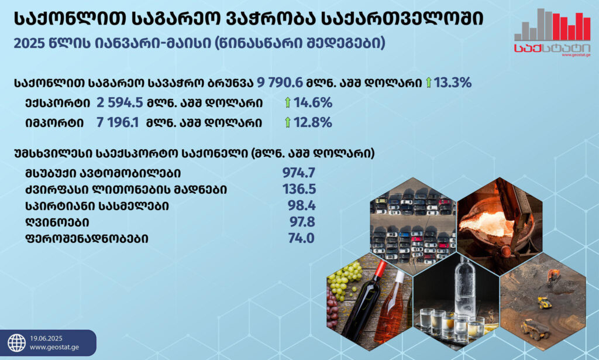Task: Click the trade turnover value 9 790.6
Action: click(280, 82)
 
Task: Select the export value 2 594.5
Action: click(119, 102)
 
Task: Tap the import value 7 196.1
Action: click(118, 122)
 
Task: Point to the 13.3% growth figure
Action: click(452, 82)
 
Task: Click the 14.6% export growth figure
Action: click(313, 102)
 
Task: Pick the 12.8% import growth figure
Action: click(312, 122)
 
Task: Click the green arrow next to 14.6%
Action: click(288, 102)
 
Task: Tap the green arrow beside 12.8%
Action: click(288, 122)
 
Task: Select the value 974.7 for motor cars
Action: click(299, 173)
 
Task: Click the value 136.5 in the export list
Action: click(299, 189)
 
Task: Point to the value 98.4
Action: click(301, 205)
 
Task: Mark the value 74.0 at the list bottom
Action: click(301, 238)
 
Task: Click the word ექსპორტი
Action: click(58, 103)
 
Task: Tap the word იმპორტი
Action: click(54, 123)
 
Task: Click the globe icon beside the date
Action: click(17, 343)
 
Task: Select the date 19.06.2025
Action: click(46, 338)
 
